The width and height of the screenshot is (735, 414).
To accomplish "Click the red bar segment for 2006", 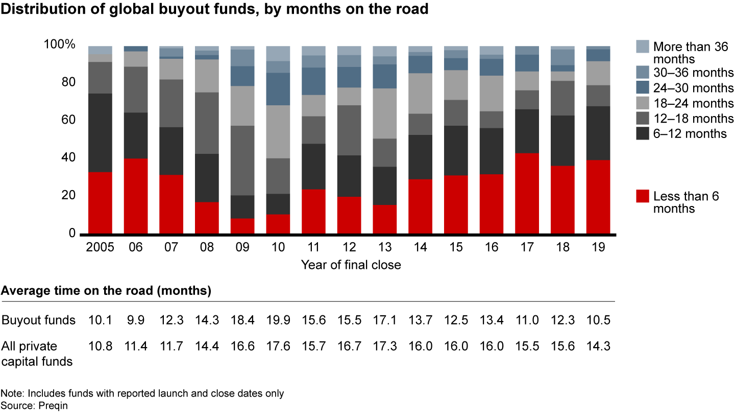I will (136, 196).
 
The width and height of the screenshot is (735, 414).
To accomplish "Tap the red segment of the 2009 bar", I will (242, 226).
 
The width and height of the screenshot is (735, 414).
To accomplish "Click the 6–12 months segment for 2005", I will (100, 133).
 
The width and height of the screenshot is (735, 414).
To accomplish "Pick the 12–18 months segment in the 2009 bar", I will (242, 160).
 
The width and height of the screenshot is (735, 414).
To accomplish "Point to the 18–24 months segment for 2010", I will (278, 132).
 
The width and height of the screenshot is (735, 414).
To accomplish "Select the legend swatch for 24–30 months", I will (643, 88).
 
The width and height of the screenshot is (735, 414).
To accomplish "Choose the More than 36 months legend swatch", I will (643, 47).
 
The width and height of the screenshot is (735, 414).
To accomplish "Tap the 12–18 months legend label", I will (693, 119).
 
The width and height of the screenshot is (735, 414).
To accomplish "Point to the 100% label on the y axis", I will (60, 44).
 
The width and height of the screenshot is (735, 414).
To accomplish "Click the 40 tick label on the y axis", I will (69, 158).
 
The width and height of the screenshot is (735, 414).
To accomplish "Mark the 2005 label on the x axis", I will (100, 247).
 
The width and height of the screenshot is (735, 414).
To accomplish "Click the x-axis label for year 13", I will (384, 247).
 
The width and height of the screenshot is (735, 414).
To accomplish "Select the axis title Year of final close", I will (351, 265).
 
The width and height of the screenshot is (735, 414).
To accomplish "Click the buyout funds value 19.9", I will (278, 320).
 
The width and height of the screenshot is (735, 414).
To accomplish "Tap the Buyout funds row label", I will (39, 320).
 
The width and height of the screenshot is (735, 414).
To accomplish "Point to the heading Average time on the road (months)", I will (106, 291).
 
